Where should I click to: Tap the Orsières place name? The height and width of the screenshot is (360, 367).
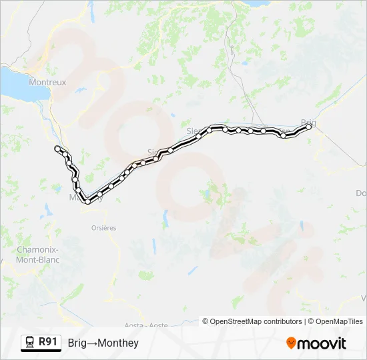[103, 227]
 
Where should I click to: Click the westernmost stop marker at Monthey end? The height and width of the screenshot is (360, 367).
[57, 148]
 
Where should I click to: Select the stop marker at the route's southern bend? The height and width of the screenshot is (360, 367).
[87, 201]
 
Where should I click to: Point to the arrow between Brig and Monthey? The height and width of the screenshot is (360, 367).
[94, 343]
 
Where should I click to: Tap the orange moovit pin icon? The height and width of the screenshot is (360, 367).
[292, 343]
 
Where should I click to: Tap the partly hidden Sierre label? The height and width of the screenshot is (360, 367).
[194, 130]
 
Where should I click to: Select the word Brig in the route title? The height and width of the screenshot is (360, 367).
[77, 343]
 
